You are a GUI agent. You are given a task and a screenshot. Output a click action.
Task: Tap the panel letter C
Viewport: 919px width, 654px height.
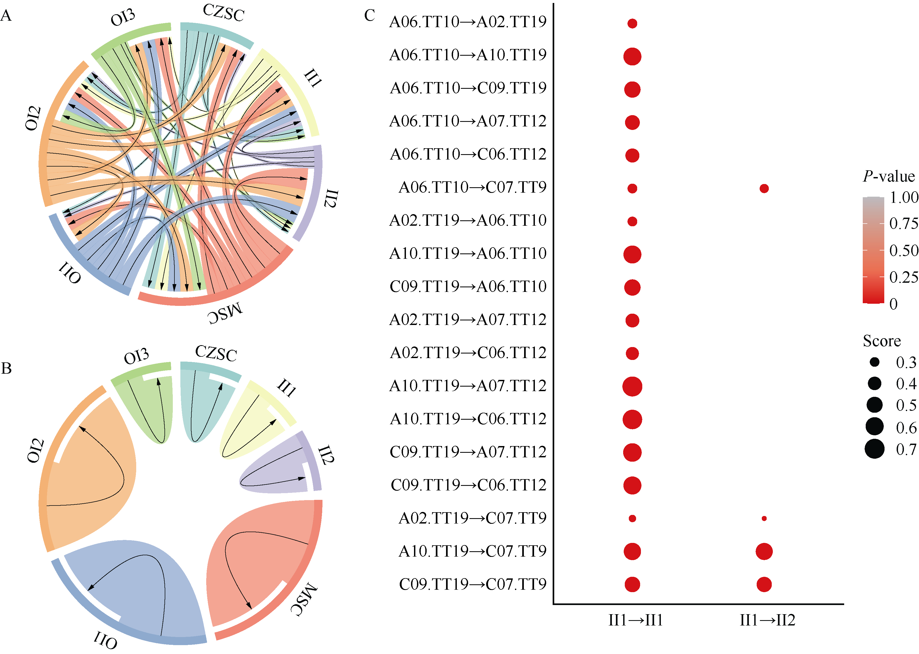coord(369,16)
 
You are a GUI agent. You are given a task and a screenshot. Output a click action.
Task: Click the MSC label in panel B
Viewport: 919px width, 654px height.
coord(305,599)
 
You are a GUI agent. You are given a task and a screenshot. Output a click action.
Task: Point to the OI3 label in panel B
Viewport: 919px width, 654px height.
coord(136,356)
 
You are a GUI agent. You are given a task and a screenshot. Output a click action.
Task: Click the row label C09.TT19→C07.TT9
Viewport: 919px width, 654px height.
coord(473,584)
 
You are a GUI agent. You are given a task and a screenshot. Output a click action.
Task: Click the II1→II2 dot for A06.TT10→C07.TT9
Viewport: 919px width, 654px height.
coord(764,189)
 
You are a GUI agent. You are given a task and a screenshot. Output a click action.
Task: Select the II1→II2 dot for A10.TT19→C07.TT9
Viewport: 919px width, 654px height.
coord(764,551)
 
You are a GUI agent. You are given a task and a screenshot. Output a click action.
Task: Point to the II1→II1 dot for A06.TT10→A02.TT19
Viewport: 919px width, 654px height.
coord(632,23)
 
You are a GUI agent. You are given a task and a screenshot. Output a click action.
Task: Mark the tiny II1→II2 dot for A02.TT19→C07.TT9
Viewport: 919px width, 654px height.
coord(764,518)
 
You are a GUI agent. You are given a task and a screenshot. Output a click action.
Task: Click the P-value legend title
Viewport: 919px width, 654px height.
coord(888,176)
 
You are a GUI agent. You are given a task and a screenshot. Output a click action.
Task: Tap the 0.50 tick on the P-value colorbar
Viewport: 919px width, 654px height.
coord(904,250)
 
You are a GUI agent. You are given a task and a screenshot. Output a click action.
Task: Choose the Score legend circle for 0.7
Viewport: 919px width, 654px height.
coord(874,449)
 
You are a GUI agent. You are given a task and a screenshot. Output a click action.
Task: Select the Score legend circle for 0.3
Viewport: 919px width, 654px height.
coord(874,362)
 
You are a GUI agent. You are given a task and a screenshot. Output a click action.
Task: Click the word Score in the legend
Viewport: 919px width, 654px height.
coord(882,341)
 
